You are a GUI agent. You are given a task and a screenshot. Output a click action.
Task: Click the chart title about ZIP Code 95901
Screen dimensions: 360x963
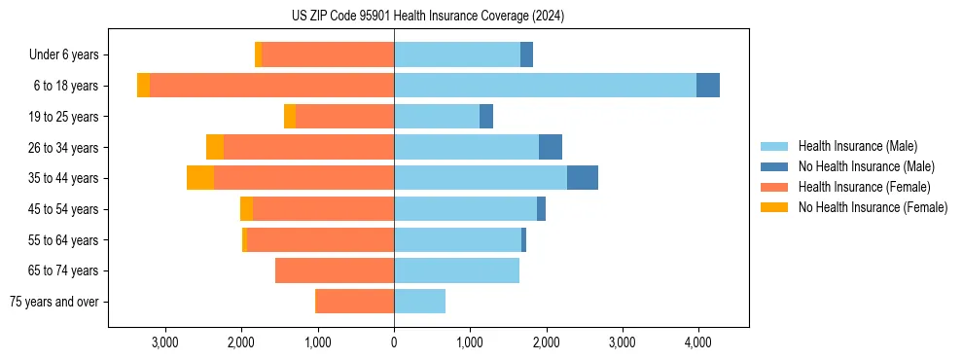coord(428,17)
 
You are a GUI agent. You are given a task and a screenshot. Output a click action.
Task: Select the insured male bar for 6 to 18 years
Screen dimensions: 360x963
coord(545,86)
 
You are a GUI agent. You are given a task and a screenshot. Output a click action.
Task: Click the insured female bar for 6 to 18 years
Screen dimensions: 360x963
coord(271,86)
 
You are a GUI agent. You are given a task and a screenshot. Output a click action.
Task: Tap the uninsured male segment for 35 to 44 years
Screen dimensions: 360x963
coord(583,178)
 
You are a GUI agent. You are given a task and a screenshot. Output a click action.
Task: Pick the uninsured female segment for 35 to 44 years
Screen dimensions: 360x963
coord(200,178)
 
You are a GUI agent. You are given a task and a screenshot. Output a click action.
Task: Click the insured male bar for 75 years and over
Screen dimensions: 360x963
coord(419,302)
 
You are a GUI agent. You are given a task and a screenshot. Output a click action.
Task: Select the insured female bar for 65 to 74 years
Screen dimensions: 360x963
coord(335,270)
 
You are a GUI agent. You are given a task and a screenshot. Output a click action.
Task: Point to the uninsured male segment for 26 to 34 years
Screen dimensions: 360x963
coord(551,147)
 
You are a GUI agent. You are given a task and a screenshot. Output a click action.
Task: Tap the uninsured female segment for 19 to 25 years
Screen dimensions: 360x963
coord(290,117)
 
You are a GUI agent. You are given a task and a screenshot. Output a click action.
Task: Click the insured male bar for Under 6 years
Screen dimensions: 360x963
coord(457,54)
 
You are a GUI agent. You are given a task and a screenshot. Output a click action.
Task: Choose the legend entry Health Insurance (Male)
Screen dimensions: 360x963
coord(857,146)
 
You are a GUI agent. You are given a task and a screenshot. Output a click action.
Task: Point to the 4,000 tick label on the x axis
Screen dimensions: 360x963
coord(697,342)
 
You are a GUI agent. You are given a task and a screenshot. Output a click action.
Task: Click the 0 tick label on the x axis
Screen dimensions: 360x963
coord(394,342)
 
